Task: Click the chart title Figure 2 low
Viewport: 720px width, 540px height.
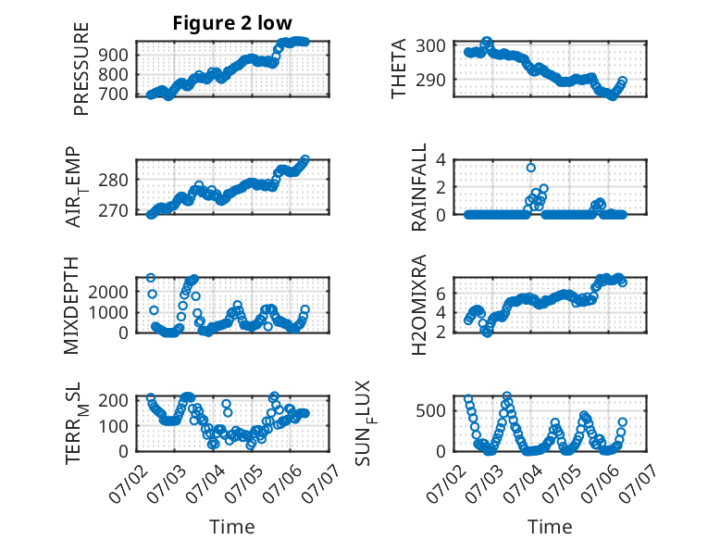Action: [x=232, y=23]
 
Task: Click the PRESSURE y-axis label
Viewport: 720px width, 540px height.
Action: [x=81, y=69]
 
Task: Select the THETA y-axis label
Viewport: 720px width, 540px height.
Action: [x=399, y=69]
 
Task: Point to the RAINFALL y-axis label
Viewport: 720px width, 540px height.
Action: [x=419, y=187]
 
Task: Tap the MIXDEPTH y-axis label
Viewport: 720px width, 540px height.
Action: [x=71, y=306]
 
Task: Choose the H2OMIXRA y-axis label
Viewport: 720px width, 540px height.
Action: [x=419, y=305]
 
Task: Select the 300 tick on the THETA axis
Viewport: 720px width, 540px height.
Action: [x=430, y=45]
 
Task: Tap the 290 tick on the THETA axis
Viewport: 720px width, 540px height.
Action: [x=430, y=80]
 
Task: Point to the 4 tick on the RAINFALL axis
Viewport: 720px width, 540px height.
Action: [x=441, y=160]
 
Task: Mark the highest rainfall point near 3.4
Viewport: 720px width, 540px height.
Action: [x=531, y=168]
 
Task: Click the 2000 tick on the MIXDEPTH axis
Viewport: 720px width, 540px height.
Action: [x=109, y=292]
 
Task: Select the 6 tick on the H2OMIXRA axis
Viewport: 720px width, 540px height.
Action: [x=441, y=294]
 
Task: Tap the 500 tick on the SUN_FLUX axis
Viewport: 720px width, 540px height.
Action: [x=430, y=410]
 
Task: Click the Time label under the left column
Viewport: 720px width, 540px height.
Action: [x=232, y=527]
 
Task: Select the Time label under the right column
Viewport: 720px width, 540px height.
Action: [x=550, y=527]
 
